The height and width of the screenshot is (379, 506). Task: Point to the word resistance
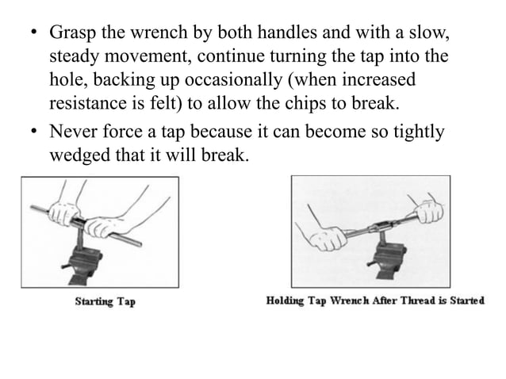(90, 104)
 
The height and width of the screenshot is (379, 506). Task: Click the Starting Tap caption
(104, 302)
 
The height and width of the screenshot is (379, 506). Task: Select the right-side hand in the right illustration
(427, 213)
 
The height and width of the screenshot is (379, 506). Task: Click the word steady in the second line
(73, 58)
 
